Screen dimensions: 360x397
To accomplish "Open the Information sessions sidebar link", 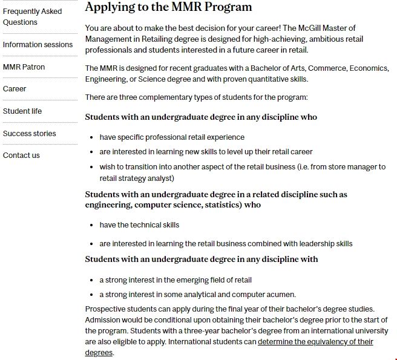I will pyautogui.click(x=38, y=44).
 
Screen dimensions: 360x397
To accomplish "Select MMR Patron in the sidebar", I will pyautogui.click(x=24, y=67).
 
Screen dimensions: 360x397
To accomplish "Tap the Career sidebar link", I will pyautogui.click(x=15, y=89).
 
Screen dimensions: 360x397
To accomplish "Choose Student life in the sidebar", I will pyautogui.click(x=22, y=111).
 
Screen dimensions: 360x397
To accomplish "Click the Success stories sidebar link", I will pyautogui.click(x=29, y=133).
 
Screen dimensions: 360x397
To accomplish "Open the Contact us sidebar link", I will pyautogui.click(x=21, y=155).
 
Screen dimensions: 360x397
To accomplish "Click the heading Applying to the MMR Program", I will pyautogui.click(x=168, y=7).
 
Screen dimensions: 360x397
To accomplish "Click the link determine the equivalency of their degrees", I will pyautogui.click(x=315, y=342).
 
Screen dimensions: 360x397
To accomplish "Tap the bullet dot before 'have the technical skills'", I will pyautogui.click(x=91, y=225).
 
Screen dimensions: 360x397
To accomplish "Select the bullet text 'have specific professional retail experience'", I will pyautogui.click(x=172, y=137).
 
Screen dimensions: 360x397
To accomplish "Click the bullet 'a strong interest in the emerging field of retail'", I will pyautogui.click(x=176, y=280).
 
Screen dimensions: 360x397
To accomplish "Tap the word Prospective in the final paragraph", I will pyautogui.click(x=106, y=309).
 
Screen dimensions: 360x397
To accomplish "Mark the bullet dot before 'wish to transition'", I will pyautogui.click(x=91, y=167).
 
